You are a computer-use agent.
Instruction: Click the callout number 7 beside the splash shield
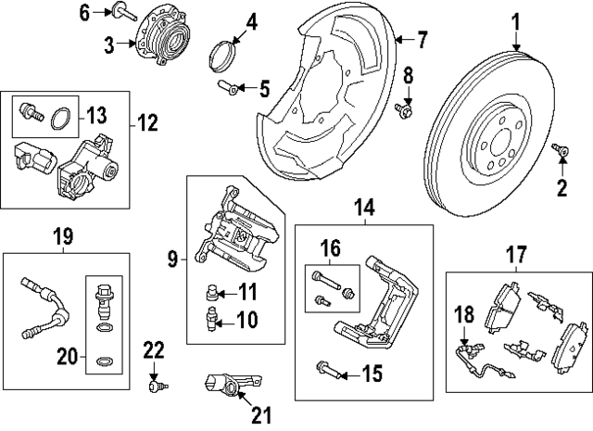[x=422, y=39]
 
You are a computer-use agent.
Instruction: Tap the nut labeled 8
[x=406, y=111]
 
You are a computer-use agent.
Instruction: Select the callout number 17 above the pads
[x=516, y=251]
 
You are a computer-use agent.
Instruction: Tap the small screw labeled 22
[x=155, y=382]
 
